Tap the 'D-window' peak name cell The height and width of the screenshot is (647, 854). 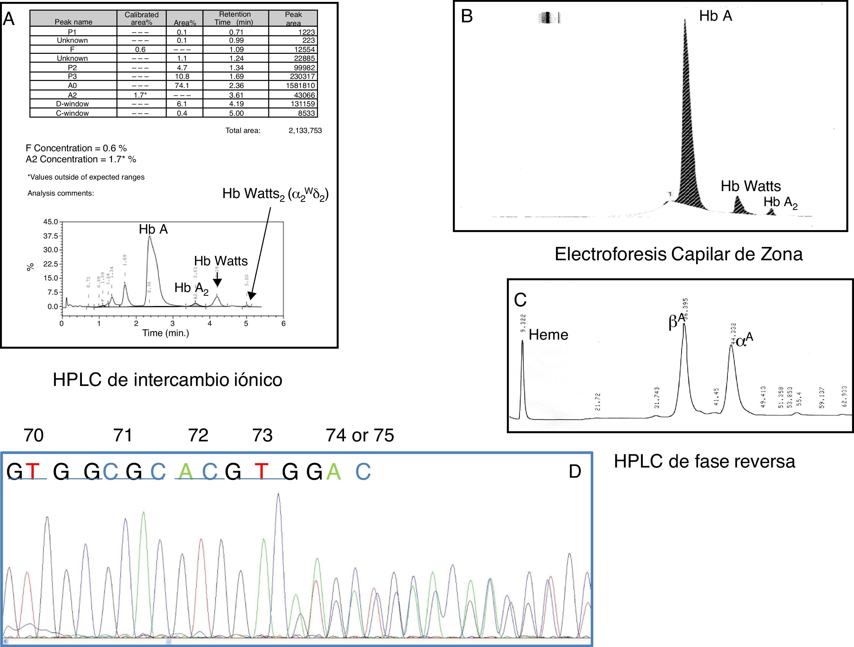[x=72, y=104]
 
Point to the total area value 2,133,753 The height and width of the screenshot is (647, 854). [x=305, y=131]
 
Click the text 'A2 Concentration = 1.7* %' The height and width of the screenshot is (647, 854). [x=81, y=159]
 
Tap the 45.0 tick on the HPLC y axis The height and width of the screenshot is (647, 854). [x=50, y=222]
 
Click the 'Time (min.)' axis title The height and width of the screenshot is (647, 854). [x=166, y=333]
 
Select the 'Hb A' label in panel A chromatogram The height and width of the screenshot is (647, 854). [x=153, y=230]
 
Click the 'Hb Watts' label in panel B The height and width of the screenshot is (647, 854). [x=751, y=186]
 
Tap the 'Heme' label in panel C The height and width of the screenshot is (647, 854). [x=548, y=335]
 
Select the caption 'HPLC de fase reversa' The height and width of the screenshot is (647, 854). [x=704, y=461]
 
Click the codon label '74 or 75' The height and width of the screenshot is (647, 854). [x=360, y=435]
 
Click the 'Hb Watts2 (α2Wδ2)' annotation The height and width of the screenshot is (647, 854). [x=275, y=194]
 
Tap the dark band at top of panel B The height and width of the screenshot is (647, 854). [x=548, y=18]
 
